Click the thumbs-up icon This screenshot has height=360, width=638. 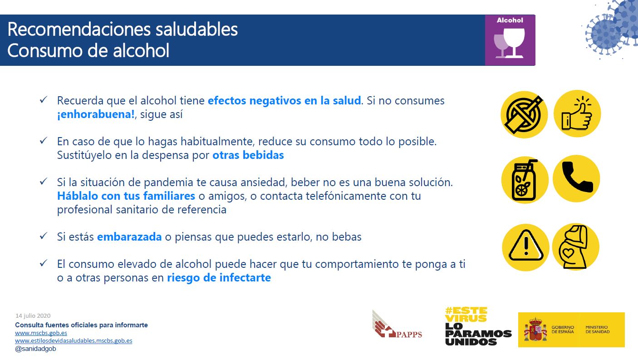point(577,114)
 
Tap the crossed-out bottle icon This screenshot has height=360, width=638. point(524,114)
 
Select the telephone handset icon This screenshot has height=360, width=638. point(576,178)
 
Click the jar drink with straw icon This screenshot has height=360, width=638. point(524,180)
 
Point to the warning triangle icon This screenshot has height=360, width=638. point(525,247)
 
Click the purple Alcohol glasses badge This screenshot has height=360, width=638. point(510,40)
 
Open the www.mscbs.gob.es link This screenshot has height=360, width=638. point(41,333)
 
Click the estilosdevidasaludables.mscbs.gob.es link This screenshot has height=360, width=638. point(74,340)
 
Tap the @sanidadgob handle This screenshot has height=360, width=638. point(36,349)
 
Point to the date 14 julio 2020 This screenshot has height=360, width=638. point(33,316)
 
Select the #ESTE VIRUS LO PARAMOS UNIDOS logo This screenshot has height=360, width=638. point(478,326)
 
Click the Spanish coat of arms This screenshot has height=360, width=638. point(535,330)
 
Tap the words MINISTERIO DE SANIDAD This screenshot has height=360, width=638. point(598,330)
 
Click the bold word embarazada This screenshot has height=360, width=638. point(129,237)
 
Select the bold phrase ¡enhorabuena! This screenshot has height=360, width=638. point(96,114)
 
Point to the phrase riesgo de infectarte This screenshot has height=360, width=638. point(219,278)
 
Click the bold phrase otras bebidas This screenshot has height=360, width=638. point(248,155)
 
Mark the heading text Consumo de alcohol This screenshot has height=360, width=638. point(88,50)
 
